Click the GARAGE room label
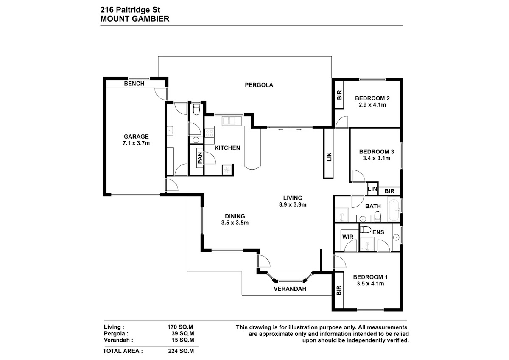pyautogui.click(x=136, y=137)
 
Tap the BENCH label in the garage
pyautogui.click(x=134, y=84)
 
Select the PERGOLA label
pyautogui.click(x=259, y=85)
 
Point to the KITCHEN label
pyautogui.click(x=227, y=148)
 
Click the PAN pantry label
pyautogui.click(x=200, y=158)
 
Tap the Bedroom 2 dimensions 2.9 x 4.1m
pyautogui.click(x=372, y=105)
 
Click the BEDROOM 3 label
pyautogui.click(x=377, y=152)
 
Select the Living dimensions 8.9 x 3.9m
pyautogui.click(x=293, y=204)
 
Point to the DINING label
pyautogui.click(x=235, y=216)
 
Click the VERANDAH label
pyautogui.click(x=290, y=289)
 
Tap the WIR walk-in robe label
pyautogui.click(x=348, y=237)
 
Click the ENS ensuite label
pyautogui.click(x=378, y=232)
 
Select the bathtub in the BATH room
pyautogui.click(x=394, y=210)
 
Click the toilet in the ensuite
pyautogui.click(x=366, y=230)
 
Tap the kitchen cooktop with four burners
pyautogui.click(x=209, y=133)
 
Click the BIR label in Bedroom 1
pyautogui.click(x=339, y=290)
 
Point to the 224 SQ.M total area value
pyautogui.click(x=181, y=351)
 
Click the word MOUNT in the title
pyautogui.click(x=115, y=19)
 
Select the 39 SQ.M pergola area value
pyautogui.click(x=183, y=334)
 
